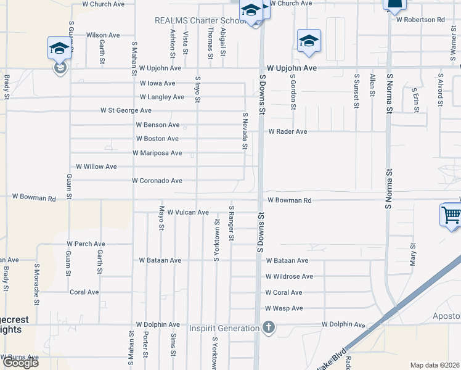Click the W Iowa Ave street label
point(158,83)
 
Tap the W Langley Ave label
point(162,97)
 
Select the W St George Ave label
point(126,111)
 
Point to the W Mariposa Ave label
point(157,153)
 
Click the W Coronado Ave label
point(157,181)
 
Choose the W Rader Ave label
point(287,132)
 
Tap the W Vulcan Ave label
point(188,212)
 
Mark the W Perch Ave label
point(86,244)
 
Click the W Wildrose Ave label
point(290,277)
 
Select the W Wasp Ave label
point(284,308)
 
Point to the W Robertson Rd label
point(421,20)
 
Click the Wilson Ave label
point(103,36)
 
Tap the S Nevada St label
point(245,131)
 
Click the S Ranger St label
point(232,224)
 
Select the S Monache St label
point(37,285)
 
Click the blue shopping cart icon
point(451,215)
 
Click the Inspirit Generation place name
point(224,328)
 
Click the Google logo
point(20,363)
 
